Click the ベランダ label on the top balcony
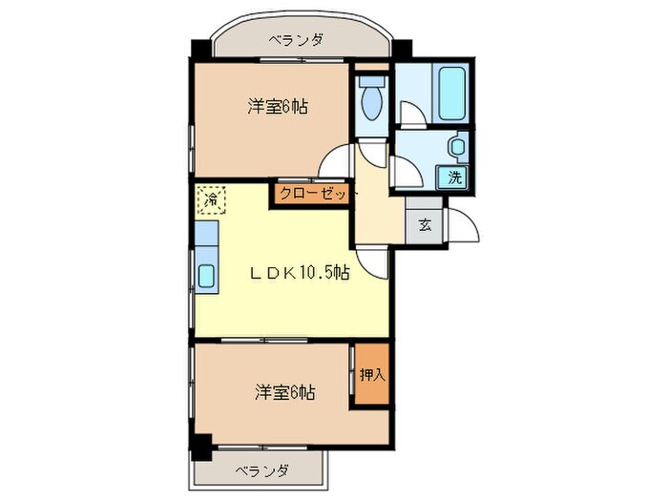pyautogui.click(x=295, y=40)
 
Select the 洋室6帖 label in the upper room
pyautogui.click(x=277, y=107)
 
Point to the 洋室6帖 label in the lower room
pyautogui.click(x=285, y=392)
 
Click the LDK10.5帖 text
pyautogui.click(x=299, y=273)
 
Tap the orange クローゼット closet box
pyautogui.click(x=313, y=194)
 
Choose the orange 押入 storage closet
pyautogui.click(x=372, y=375)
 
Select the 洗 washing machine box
pyautogui.click(x=454, y=177)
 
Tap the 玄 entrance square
pyautogui.click(x=424, y=226)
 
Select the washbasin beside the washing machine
pyautogui.click(x=458, y=147)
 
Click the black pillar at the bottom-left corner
pyautogui.click(x=200, y=446)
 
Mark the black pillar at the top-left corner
pyautogui.click(x=199, y=48)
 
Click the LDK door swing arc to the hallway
pyautogui.click(x=375, y=263)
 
